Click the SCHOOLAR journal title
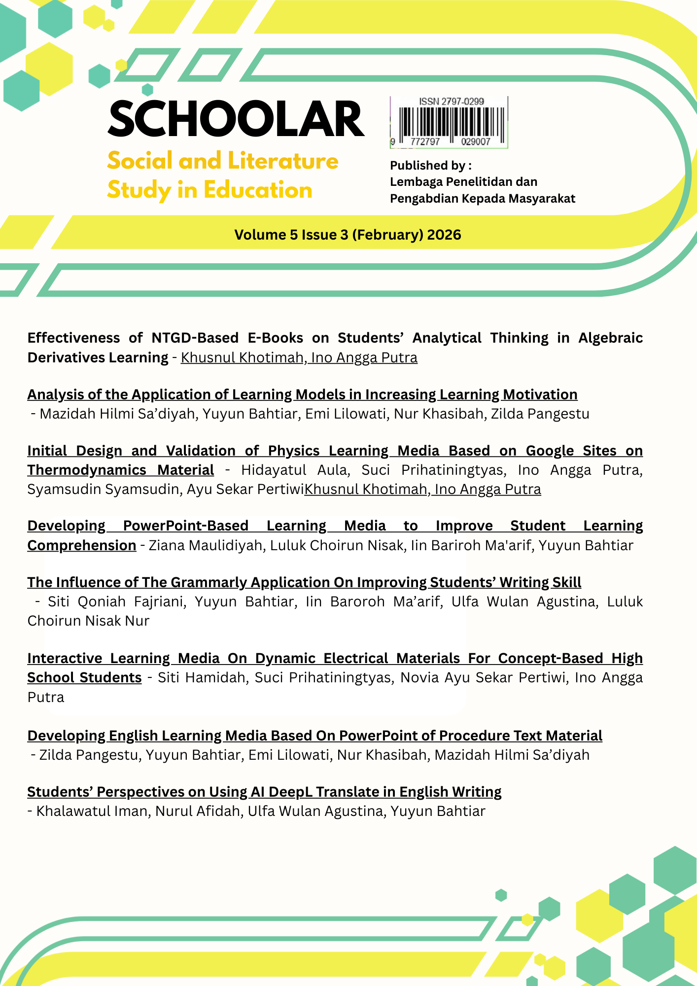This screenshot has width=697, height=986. tap(236, 119)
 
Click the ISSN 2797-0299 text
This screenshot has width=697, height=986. tap(452, 102)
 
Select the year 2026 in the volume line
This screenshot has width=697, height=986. tap(444, 235)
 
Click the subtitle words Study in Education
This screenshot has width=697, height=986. tap(209, 190)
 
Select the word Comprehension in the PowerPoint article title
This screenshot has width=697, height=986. tap(82, 545)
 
